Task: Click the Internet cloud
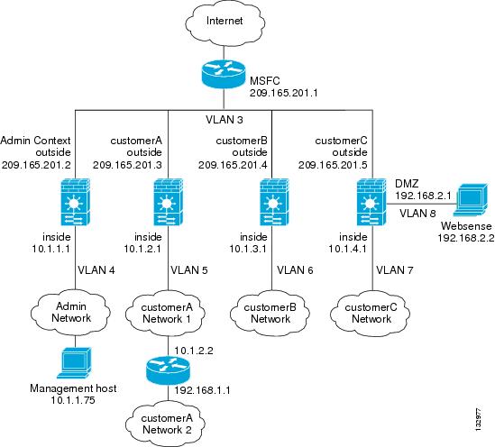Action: click(x=225, y=23)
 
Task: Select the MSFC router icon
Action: click(x=224, y=74)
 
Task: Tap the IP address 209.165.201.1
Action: click(x=283, y=93)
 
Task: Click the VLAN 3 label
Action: click(x=225, y=120)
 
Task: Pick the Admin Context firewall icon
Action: click(x=75, y=202)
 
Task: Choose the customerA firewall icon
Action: click(x=168, y=202)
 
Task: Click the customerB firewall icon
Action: click(x=274, y=202)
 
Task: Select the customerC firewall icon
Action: click(x=371, y=202)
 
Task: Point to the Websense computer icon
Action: click(x=471, y=200)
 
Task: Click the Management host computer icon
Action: click(x=75, y=363)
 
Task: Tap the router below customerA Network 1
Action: click(x=168, y=370)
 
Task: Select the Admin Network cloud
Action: click(x=70, y=313)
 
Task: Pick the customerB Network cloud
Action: click(x=270, y=314)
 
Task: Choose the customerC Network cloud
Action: click(x=371, y=314)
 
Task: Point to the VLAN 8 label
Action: click(x=417, y=214)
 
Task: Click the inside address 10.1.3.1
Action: click(x=248, y=249)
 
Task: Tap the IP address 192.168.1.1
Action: click(x=202, y=390)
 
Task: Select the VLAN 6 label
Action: click(x=295, y=270)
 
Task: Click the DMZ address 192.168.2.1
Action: click(x=424, y=196)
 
